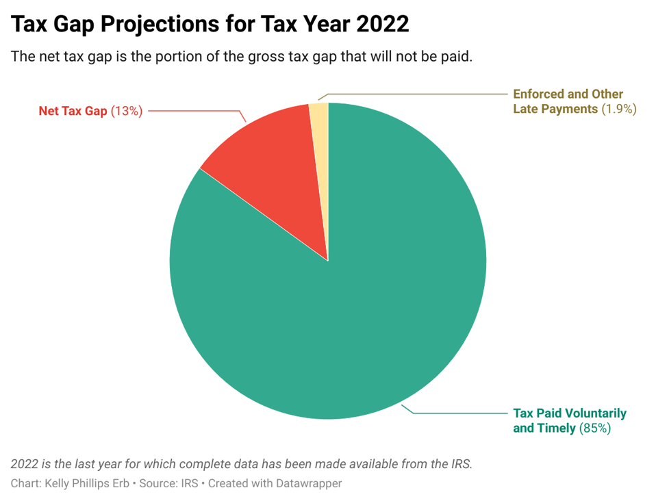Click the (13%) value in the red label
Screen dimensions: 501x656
point(127,111)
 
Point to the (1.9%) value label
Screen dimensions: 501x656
point(619,109)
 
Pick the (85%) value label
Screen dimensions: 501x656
point(595,428)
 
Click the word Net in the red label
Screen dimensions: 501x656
point(49,111)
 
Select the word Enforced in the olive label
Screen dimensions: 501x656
point(539,94)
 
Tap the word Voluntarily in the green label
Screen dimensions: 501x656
point(596,413)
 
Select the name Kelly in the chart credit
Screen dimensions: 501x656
point(57,483)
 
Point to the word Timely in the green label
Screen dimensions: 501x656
point(556,428)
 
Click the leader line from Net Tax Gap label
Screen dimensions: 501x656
point(192,110)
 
